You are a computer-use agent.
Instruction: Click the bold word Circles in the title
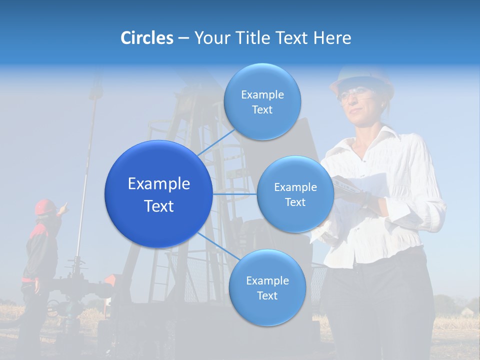pos(146,38)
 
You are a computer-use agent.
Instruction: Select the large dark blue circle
pos(158,194)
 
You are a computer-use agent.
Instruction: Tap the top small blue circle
pos(262,102)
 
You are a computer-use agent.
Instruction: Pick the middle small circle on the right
pos(295,194)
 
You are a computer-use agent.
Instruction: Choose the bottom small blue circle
pos(267,288)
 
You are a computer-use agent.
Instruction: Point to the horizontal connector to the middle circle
pos(234,194)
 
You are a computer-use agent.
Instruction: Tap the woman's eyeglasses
pos(354,92)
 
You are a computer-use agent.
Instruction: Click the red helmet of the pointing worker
pos(45,206)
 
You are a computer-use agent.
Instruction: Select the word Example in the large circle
pos(159,184)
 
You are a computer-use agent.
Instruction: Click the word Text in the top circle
pos(262,110)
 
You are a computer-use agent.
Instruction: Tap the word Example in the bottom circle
pos(267,280)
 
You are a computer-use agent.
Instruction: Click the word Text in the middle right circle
pos(295,202)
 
